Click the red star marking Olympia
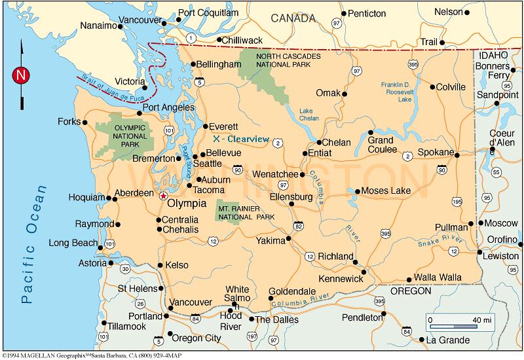[x=163, y=194]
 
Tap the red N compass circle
[x=21, y=75]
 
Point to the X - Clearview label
[x=242, y=139]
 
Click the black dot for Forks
[x=84, y=122]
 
